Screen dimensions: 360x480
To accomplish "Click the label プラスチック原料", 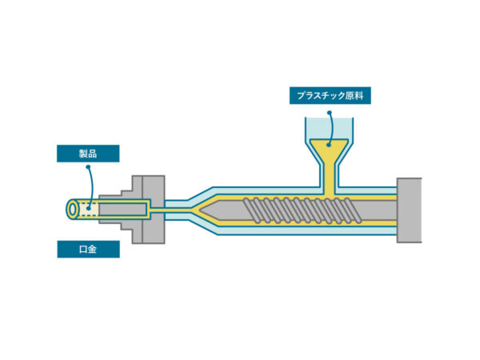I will point(330,97).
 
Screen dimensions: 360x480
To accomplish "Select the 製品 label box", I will point(88,154).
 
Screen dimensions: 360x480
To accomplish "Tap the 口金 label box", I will point(88,250).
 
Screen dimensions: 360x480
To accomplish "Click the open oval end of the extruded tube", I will point(72,210).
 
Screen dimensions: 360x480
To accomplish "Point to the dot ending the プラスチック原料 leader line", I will point(330,143).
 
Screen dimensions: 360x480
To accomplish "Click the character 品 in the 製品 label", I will point(94,154).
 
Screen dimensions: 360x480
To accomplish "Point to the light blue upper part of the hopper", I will point(330,128).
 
